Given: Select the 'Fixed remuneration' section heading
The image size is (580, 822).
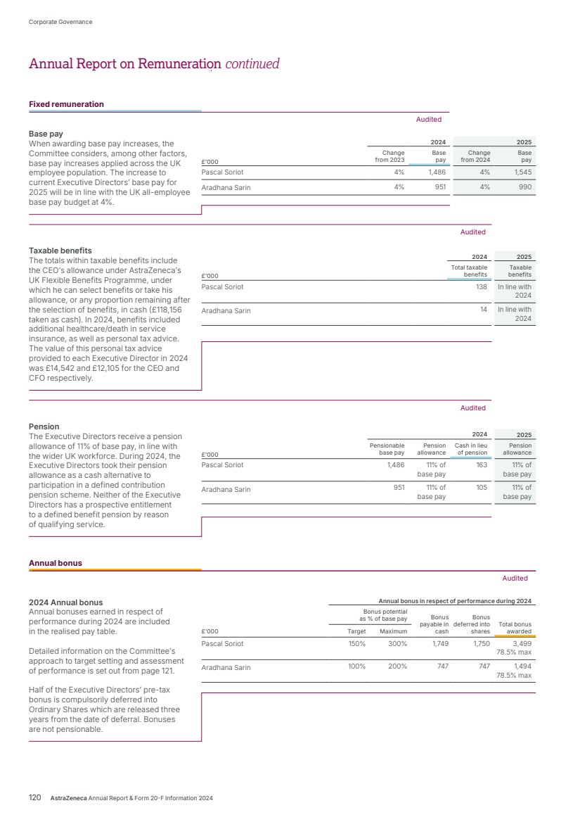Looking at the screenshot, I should coord(66,104).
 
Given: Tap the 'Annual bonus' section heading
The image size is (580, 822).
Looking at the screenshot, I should coord(55,563).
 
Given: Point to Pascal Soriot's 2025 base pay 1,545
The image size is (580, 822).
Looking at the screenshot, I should coord(520,171).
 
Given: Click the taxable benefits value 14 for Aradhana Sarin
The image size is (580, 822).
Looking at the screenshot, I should coord(484,310).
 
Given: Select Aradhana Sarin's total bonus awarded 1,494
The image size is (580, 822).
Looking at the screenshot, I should coord(522,667).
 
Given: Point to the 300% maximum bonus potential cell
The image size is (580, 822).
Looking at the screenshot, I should coord(398,643).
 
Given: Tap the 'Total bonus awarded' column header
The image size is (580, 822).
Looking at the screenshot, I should coord(515,628).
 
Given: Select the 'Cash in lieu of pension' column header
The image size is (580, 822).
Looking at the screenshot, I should coord(471,449).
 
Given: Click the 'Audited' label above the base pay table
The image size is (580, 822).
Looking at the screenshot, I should coord(429,120).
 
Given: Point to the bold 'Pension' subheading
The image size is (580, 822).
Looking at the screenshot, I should coord(44,426).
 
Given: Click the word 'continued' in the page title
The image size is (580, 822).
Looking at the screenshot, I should coord(252,64).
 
